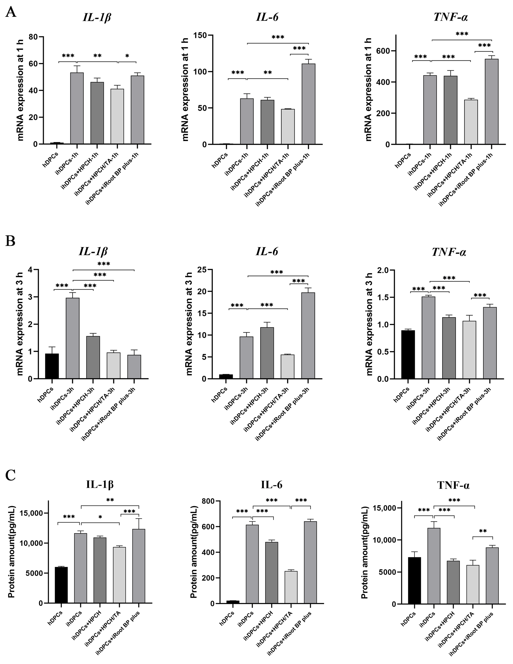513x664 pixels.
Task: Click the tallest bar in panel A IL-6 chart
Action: coord(308,103)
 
